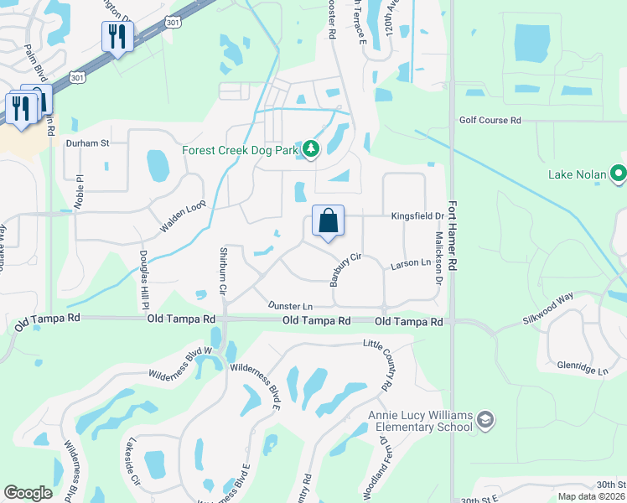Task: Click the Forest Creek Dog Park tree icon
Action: (312, 150)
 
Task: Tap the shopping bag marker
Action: (329, 221)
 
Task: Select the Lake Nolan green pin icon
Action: (619, 174)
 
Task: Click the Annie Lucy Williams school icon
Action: (485, 418)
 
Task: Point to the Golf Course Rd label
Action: (490, 121)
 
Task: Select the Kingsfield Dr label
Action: (417, 215)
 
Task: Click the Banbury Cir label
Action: (345, 270)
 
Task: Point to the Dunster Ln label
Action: (290, 307)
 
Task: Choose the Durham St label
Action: (88, 143)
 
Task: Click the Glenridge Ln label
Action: (583, 367)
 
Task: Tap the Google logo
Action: (28, 493)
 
